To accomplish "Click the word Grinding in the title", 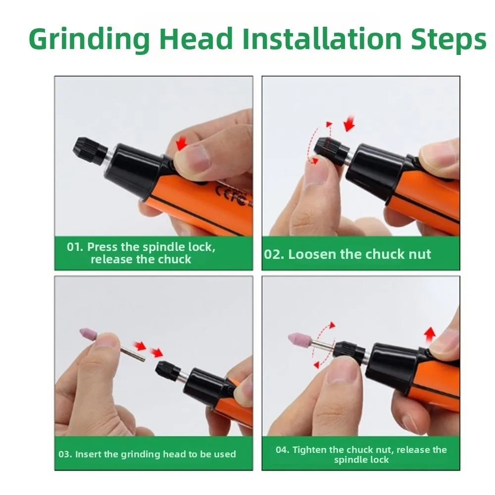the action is [89, 39].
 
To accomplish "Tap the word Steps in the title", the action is [448, 39].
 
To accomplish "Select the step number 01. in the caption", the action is [75, 247].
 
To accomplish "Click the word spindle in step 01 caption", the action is [163, 247].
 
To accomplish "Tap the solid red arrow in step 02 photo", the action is [349, 124].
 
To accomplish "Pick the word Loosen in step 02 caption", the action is [312, 254].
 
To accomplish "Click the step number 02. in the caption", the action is [274, 254].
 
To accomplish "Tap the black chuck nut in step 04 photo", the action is [349, 350].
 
